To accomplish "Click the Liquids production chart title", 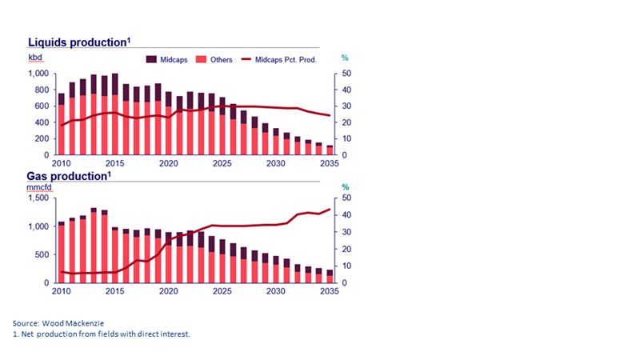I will click(x=76, y=42).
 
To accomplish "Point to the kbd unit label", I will click(x=36, y=58).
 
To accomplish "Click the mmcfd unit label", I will click(x=41, y=190).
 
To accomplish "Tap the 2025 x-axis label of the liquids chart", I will click(x=222, y=163).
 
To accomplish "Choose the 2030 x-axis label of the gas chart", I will click(x=276, y=291).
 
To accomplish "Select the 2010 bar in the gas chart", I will click(x=62, y=252).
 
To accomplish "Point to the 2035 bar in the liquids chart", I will click(x=330, y=150).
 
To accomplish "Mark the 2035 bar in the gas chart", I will click(x=330, y=276).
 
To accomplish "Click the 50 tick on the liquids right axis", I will click(x=346, y=74).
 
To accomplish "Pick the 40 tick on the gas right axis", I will click(x=346, y=215).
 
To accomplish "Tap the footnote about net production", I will click(x=101, y=333).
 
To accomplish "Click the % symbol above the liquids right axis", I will click(x=346, y=58).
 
